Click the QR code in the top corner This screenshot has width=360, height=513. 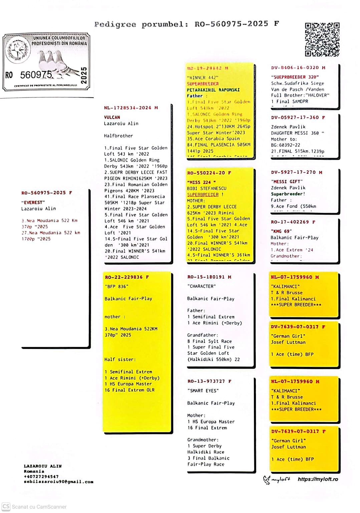click(x=322, y=39)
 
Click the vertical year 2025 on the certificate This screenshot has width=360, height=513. click(x=84, y=75)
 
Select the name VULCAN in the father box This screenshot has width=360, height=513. click(x=112, y=117)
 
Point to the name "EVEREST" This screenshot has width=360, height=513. click(x=33, y=202)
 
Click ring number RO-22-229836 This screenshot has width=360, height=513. click(x=124, y=277)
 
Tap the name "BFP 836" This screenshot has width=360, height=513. click(x=116, y=287)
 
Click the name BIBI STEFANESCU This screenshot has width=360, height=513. click(x=207, y=188)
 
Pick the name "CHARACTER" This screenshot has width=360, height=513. click(x=202, y=286)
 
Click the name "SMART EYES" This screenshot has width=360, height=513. click(x=203, y=391)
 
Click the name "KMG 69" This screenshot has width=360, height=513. click(x=281, y=231)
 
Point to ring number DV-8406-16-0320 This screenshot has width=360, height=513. click(x=295, y=68)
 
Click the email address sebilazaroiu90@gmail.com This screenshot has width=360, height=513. click(x=58, y=482)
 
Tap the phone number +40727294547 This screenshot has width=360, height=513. click(x=41, y=477)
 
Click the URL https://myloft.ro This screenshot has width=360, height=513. click(x=318, y=479)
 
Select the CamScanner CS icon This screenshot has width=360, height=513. click(x=6, y=507)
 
